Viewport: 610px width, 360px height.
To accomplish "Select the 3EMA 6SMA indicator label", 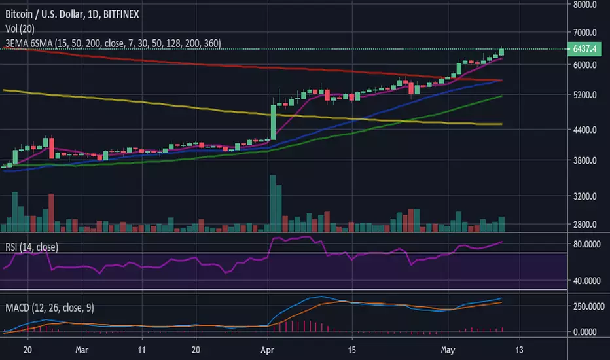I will [x=111, y=43].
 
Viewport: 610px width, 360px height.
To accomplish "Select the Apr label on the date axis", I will [x=268, y=350].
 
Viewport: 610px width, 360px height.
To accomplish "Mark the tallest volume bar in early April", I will [x=272, y=204].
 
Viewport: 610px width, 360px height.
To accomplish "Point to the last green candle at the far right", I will [x=501, y=52].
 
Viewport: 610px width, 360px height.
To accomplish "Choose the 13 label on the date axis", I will [x=519, y=350].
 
